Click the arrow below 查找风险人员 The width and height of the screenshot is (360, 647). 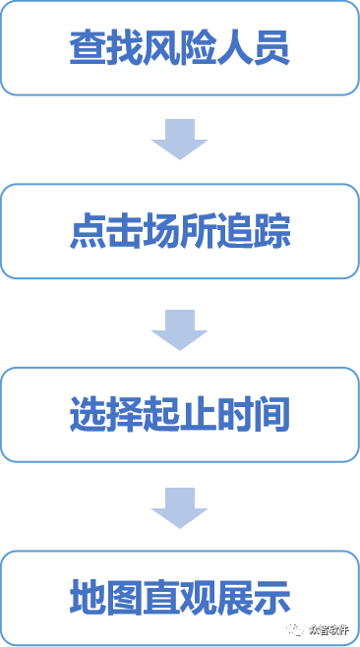pos(179,142)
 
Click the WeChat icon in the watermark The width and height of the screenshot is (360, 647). pos(295,626)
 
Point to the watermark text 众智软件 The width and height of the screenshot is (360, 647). pos(328,627)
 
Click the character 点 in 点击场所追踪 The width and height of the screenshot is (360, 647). pos(88,232)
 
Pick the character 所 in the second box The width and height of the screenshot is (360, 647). pos(198,232)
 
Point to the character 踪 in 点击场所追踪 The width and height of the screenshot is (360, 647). pos(272,232)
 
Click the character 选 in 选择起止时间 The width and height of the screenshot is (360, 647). pos(88,415)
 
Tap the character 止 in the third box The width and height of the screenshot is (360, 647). pos(198,415)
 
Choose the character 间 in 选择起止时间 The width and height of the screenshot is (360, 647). pos(272,415)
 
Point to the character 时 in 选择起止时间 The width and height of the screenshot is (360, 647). pos(235,415)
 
